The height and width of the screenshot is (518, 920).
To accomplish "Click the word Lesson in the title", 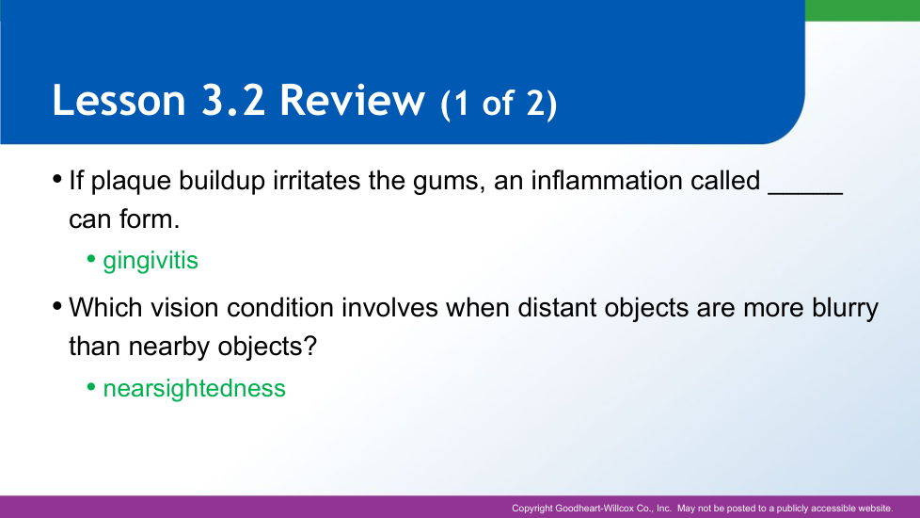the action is click(119, 100).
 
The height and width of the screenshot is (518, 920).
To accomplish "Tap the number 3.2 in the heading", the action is click(233, 100).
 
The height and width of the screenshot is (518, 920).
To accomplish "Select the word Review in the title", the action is click(352, 100).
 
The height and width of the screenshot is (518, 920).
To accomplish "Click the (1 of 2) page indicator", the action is click(499, 104).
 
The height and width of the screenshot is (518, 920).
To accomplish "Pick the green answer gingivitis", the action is click(151, 261).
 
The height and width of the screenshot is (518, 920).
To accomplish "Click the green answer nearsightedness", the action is click(194, 388).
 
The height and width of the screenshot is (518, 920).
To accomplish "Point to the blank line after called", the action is click(805, 193).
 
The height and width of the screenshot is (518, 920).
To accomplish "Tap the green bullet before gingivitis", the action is click(91, 258).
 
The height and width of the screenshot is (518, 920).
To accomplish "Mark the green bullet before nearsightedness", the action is click(91, 386).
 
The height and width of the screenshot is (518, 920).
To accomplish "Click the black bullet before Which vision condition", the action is click(57, 306).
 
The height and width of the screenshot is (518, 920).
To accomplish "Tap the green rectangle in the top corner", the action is click(863, 10).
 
